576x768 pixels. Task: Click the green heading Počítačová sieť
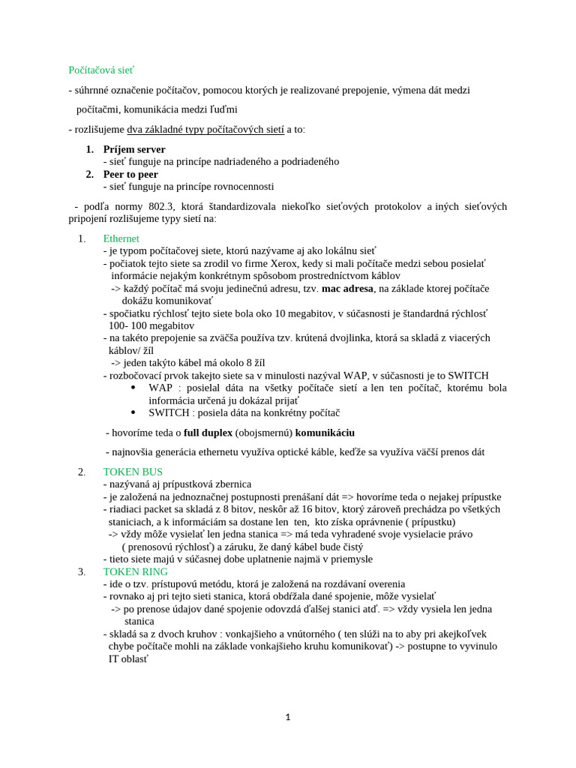[101, 70]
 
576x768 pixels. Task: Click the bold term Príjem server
[134, 149]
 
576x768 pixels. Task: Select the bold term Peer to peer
[130, 174]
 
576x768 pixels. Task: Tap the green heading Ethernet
[121, 238]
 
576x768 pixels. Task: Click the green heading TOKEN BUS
[133, 472]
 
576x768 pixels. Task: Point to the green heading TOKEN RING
[136, 571]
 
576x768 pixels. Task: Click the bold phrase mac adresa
[347, 288]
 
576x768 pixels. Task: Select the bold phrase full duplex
[208, 433]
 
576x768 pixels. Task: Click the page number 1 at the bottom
[288, 718]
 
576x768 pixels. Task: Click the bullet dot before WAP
[133, 388]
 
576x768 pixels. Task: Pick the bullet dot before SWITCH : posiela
[133, 412]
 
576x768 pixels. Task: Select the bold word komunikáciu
[325, 433]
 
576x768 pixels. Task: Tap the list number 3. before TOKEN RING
[82, 571]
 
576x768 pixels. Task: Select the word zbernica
[231, 484]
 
